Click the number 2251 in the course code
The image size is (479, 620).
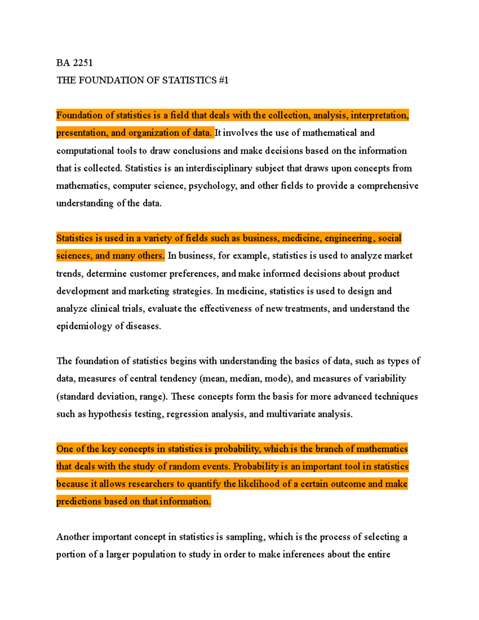pos(83,63)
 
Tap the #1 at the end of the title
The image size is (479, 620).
pos(224,80)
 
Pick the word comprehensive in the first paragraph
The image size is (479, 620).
pos(388,186)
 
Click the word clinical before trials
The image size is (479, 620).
pos(105,309)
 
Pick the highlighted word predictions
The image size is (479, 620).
pos(79,501)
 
